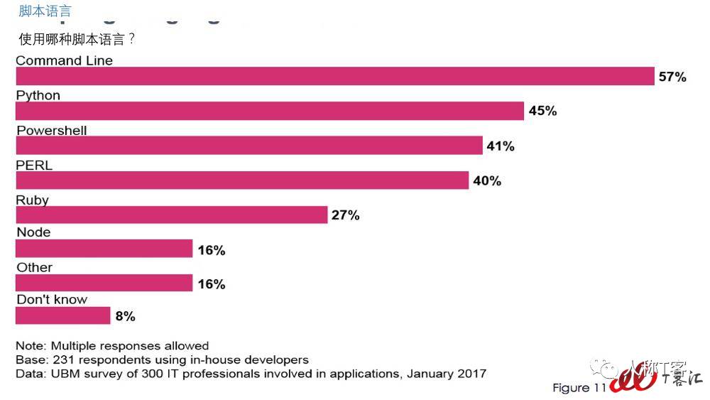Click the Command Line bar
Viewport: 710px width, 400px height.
334,76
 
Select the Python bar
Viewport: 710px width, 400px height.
270,111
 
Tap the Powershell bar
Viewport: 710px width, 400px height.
248,146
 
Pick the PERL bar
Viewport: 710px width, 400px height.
242,180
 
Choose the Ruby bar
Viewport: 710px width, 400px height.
171,215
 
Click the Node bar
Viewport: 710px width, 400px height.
104,249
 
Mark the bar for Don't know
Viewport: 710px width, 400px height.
63,315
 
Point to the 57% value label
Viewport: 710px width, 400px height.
672,77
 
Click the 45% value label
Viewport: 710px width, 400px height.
542,111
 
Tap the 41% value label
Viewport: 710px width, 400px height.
500,146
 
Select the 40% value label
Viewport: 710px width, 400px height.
487,181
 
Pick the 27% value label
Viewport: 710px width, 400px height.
346,215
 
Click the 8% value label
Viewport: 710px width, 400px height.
125,317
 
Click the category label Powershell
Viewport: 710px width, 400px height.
51,131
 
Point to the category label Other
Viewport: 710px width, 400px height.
34,267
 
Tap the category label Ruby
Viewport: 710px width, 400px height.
32,200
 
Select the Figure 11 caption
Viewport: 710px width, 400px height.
579,388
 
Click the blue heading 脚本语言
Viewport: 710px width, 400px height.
45,11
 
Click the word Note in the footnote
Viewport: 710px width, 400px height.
31,346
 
